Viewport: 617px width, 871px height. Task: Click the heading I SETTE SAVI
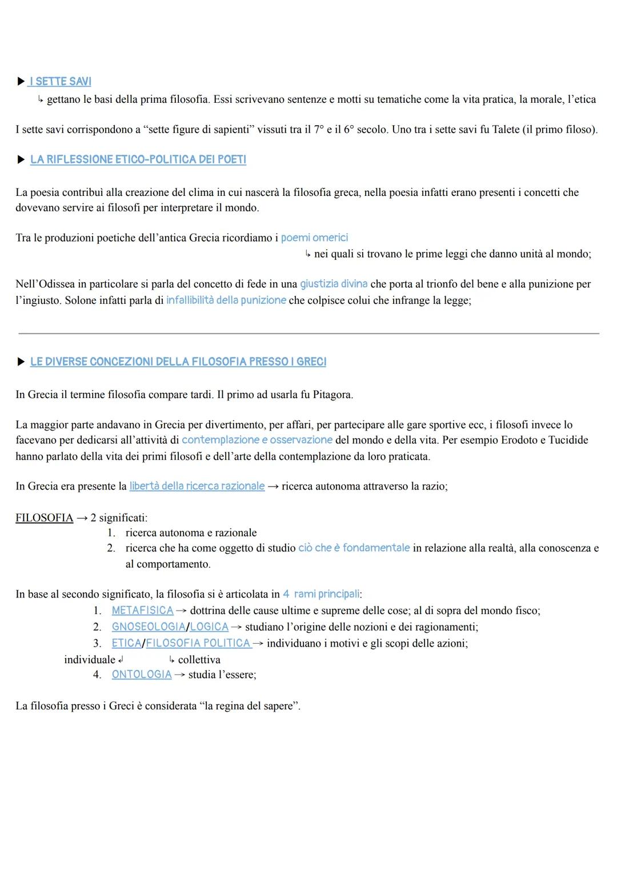coord(61,82)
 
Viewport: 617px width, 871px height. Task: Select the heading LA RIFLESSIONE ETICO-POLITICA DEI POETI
coord(138,160)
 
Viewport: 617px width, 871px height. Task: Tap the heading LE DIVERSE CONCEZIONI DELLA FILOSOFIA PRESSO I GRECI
coord(178,362)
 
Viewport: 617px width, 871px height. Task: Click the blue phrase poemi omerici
coord(314,238)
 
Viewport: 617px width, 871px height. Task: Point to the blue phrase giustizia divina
coord(334,284)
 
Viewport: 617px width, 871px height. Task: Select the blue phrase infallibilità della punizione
coord(226,300)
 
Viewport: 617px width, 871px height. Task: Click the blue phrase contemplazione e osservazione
coord(257,440)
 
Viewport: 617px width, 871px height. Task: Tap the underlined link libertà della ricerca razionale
coord(197,486)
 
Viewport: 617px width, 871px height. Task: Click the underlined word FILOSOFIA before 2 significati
coord(45,518)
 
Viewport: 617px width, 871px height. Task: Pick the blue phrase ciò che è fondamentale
coord(354,548)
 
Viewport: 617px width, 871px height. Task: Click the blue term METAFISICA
coord(142,611)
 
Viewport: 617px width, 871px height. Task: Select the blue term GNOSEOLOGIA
coord(149,627)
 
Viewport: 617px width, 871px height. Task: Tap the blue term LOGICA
coord(209,627)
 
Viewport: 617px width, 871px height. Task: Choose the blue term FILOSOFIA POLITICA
coord(198,643)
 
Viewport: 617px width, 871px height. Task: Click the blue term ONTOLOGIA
coord(142,675)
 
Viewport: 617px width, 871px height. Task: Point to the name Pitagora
coord(332,395)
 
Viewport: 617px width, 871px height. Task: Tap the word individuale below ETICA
coord(90,660)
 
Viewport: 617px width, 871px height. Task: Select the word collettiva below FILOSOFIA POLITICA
coord(199,660)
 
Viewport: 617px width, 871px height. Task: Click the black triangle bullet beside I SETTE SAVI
coord(21,82)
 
